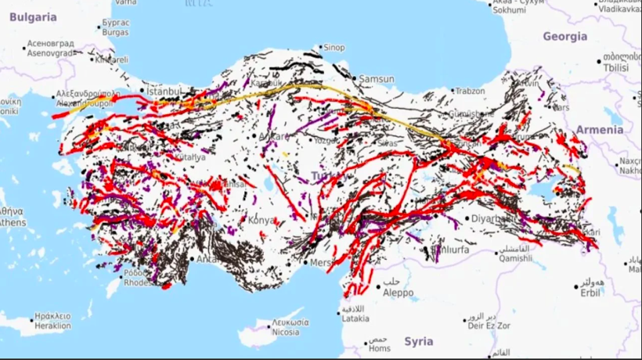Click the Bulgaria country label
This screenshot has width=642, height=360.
tap(29, 16)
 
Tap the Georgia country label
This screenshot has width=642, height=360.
tap(564, 37)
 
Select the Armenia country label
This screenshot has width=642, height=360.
tap(600, 129)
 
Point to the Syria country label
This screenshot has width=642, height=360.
tap(419, 341)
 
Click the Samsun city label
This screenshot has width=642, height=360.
tap(377, 79)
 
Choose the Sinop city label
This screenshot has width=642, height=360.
tap(334, 48)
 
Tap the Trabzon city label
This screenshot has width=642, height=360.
tap(470, 92)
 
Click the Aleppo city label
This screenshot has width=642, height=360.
tap(398, 292)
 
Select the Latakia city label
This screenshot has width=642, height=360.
tap(355, 318)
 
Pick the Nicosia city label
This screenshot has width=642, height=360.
tap(283, 332)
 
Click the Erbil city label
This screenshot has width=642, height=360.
tap(589, 292)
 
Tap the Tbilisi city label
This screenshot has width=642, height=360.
tap(615, 68)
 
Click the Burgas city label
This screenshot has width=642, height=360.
tap(114, 34)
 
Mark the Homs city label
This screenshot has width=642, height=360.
tap(378, 349)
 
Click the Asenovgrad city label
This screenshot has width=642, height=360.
tap(49, 53)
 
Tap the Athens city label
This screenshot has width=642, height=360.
tap(13, 222)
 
